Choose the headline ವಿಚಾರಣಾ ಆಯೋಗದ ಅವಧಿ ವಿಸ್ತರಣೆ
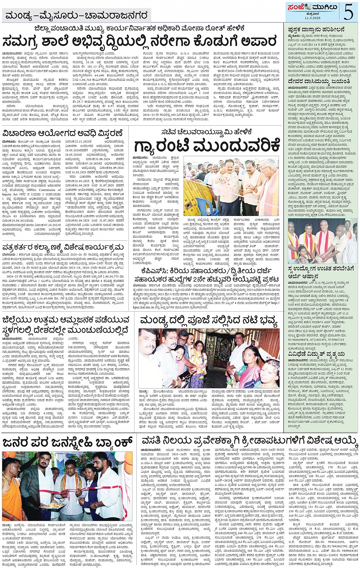click(x=63, y=133)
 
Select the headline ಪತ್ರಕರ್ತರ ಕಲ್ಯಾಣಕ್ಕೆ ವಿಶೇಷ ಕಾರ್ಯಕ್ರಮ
click(x=63, y=248)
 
